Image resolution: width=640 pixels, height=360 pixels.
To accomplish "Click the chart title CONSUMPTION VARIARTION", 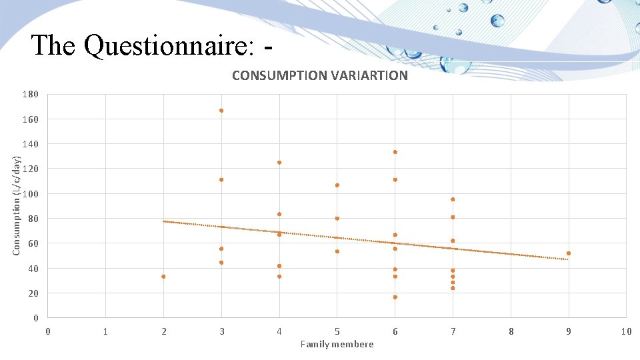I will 319,75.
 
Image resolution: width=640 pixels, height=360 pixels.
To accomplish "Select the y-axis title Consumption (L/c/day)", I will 17,205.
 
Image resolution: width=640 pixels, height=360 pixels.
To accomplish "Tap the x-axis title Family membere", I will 337,344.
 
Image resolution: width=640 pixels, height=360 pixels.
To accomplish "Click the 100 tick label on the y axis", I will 30,194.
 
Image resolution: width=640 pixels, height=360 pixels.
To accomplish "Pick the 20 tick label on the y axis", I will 33,293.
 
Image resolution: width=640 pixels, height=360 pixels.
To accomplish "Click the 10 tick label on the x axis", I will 625,331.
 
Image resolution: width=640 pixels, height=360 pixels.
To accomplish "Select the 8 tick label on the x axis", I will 511,331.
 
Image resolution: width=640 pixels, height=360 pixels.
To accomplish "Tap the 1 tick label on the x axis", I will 105,331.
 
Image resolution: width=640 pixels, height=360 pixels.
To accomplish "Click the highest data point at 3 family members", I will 221,111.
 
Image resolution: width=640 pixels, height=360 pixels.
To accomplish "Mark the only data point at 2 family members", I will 163,277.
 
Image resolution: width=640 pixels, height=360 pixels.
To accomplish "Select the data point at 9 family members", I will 569,253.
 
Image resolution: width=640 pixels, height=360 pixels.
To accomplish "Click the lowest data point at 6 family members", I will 395,297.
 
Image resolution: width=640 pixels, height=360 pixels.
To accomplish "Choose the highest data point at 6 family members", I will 395,152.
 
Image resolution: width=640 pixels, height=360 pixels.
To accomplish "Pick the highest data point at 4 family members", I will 279,163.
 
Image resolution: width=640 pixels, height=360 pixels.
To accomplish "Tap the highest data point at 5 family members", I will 337,185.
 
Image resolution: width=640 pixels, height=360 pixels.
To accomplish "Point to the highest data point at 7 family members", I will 453,199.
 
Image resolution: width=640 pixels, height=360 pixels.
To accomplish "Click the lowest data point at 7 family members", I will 453,288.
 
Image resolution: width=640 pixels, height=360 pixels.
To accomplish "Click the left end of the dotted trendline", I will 164,221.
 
